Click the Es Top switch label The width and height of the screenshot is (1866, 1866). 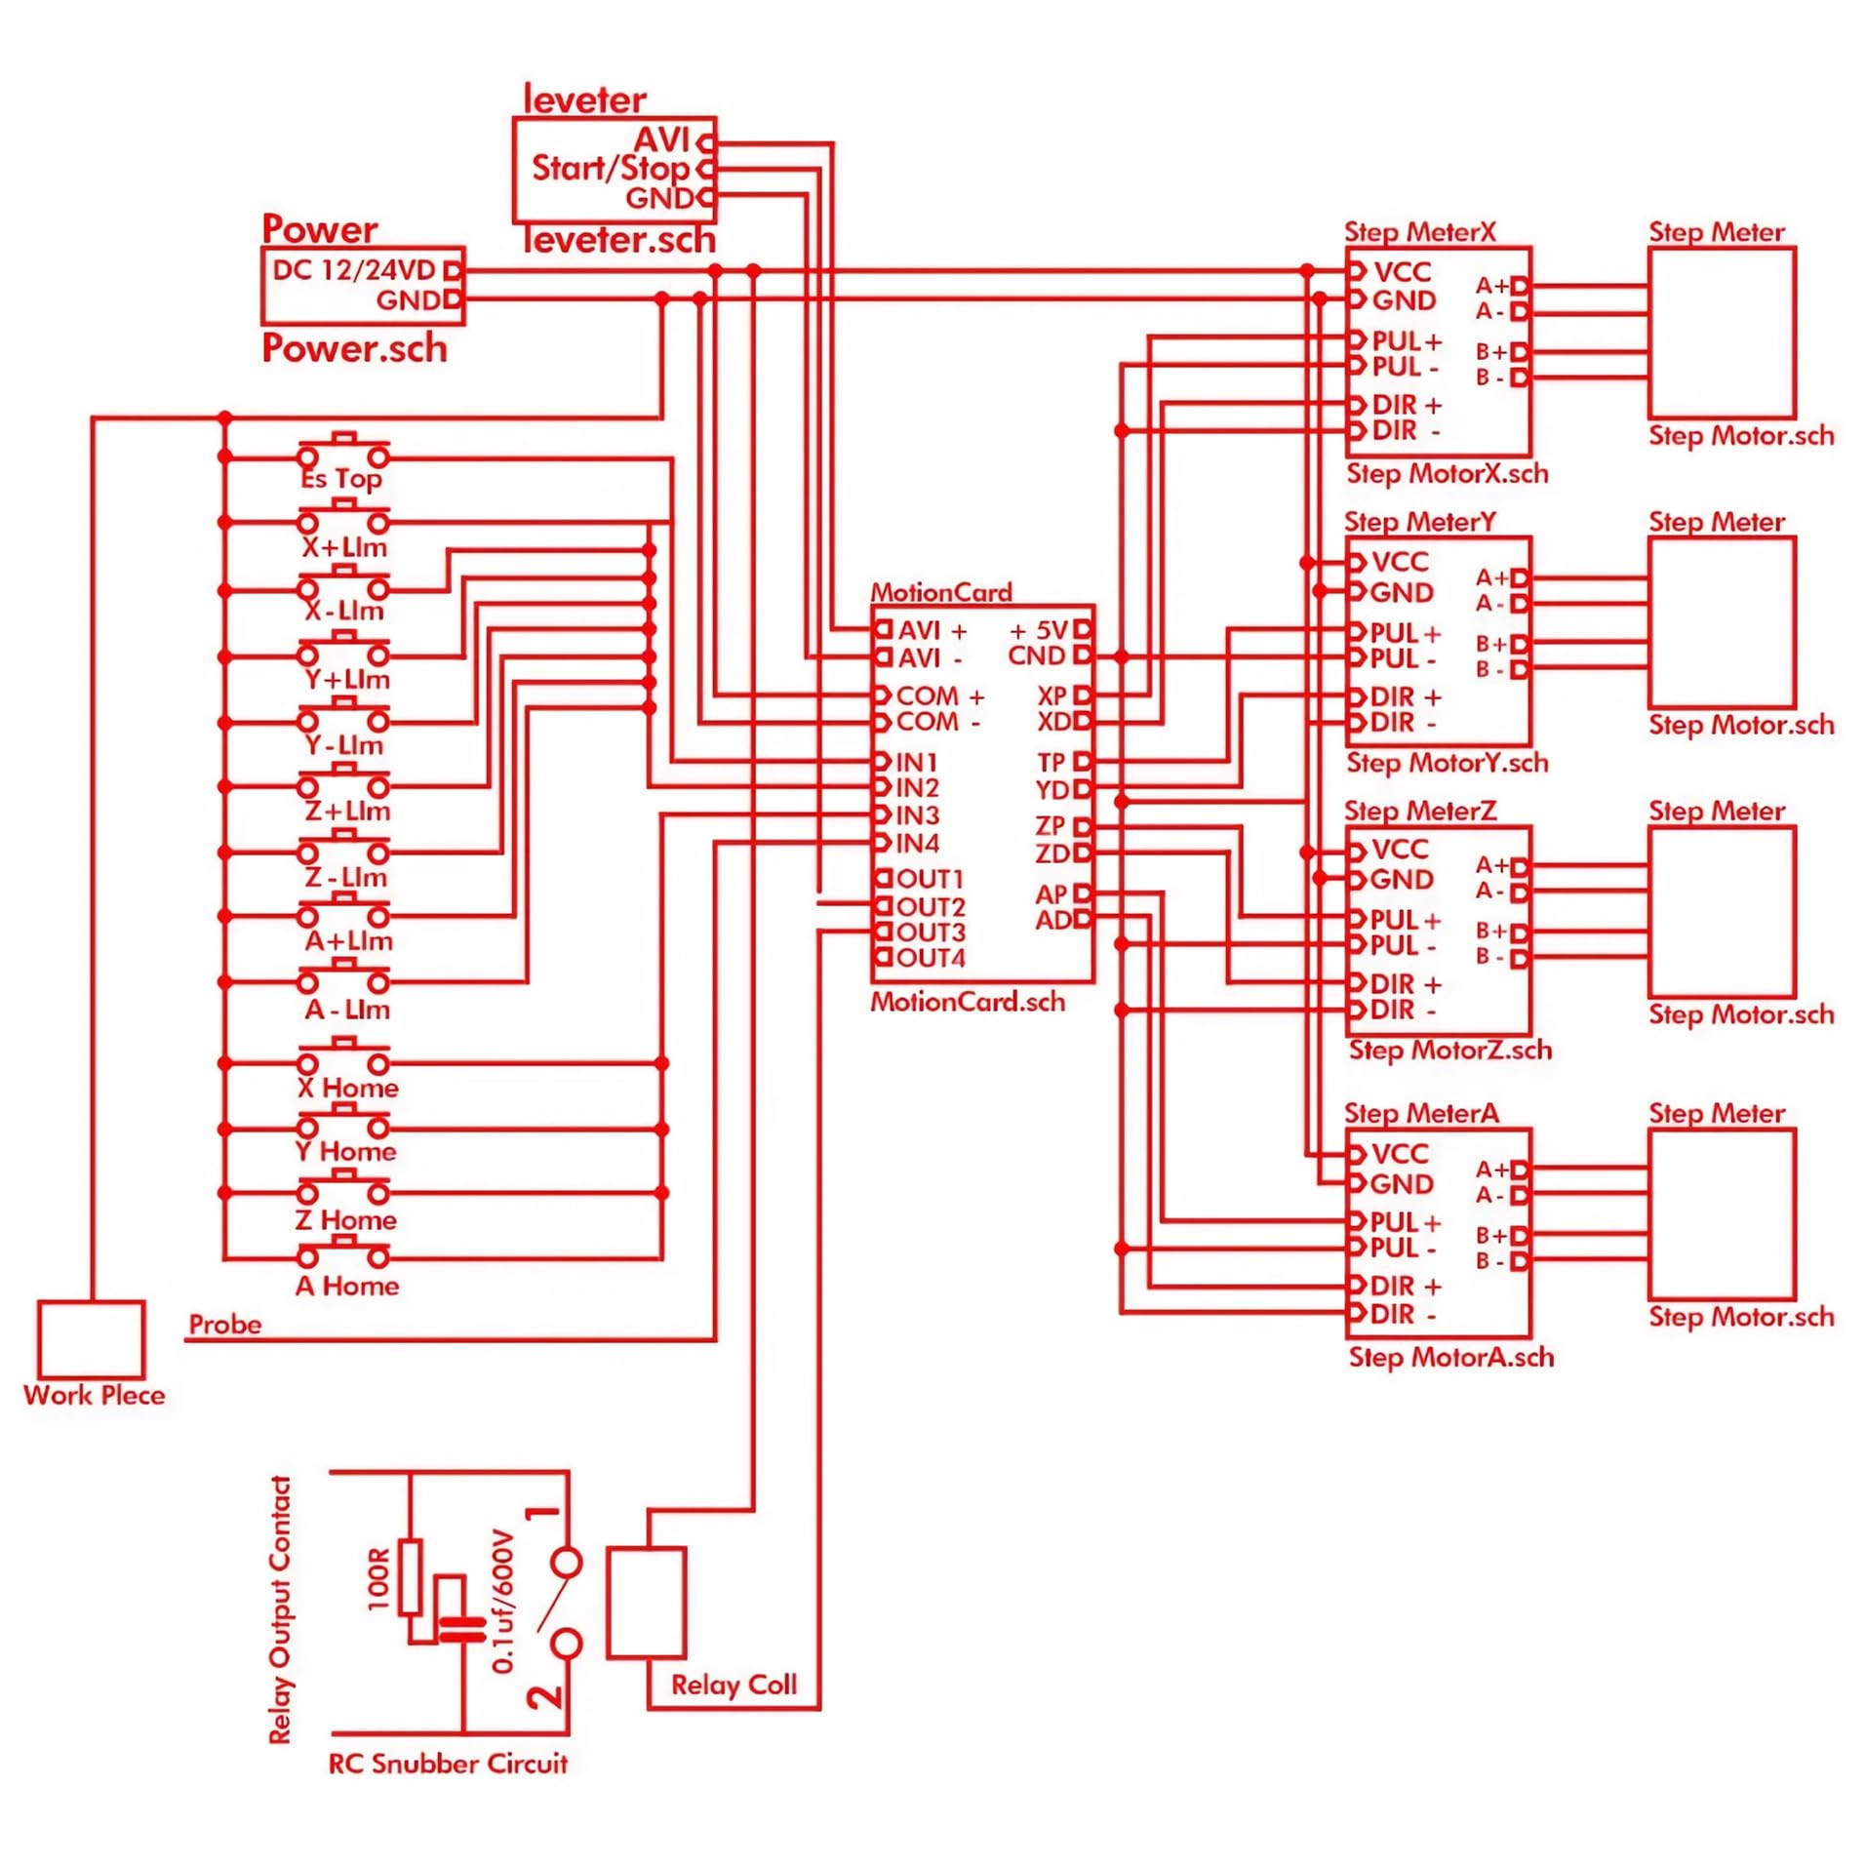point(341,479)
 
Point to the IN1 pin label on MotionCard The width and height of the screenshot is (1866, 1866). point(917,762)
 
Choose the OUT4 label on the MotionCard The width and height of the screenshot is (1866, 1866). point(931,958)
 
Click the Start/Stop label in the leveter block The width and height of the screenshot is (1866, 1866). point(611,168)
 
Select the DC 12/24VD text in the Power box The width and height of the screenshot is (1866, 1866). point(353,270)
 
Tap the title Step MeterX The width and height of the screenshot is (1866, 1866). point(1419,232)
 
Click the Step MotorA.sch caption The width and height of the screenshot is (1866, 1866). point(1451,1357)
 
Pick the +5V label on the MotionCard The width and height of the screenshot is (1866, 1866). point(1040,630)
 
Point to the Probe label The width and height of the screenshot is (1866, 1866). point(225,1324)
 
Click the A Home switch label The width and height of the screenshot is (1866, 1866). point(347,1286)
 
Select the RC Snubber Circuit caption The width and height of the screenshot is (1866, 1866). point(448,1764)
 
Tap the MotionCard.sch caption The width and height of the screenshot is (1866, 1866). point(968,1002)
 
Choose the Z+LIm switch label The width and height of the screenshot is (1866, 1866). point(347,811)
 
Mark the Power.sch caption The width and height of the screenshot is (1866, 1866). point(354,348)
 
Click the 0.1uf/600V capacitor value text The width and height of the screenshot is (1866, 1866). point(502,1602)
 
